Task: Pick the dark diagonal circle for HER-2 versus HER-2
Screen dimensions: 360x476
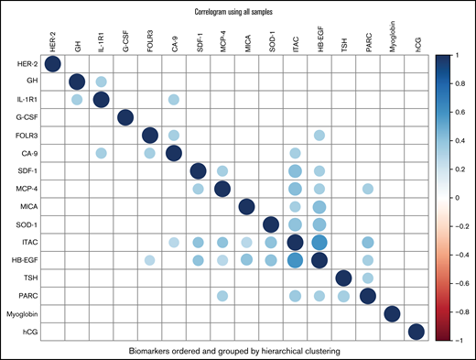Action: tap(52, 64)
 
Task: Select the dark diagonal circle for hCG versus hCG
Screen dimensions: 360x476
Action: tap(416, 332)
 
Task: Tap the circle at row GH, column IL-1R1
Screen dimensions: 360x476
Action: tap(101, 82)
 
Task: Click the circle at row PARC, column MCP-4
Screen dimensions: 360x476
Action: tap(222, 296)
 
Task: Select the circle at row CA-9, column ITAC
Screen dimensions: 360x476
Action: tap(295, 153)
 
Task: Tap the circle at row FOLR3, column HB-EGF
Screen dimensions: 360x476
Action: tap(319, 136)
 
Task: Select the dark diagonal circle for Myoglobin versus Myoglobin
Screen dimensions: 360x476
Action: tap(392, 314)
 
